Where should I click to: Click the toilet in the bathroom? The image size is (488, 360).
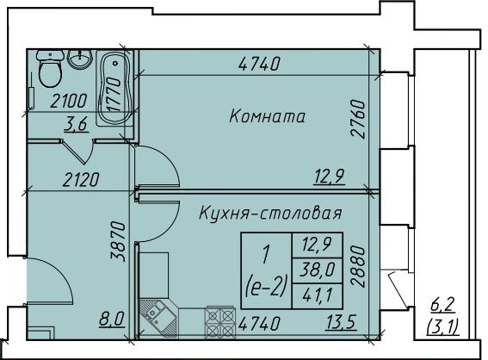pyautogui.click(x=50, y=69)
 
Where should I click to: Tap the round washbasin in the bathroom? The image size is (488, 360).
pyautogui.click(x=80, y=59)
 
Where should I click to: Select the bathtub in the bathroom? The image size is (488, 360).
pyautogui.click(x=114, y=88)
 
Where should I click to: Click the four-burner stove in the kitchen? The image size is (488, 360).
pyautogui.click(x=219, y=322)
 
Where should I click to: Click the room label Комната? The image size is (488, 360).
pyautogui.click(x=267, y=116)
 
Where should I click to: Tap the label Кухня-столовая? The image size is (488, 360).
pyautogui.click(x=270, y=214)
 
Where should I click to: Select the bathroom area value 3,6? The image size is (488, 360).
pyautogui.click(x=77, y=125)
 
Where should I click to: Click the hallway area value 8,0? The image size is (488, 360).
pyautogui.click(x=112, y=320)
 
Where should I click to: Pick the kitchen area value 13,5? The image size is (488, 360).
pyautogui.click(x=341, y=322)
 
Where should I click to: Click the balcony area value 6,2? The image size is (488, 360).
pyautogui.click(x=443, y=305)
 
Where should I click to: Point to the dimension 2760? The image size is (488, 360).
pyautogui.click(x=357, y=119)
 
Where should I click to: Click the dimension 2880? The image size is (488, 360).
pyautogui.click(x=357, y=266)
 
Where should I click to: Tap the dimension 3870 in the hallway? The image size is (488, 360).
pyautogui.click(x=118, y=241)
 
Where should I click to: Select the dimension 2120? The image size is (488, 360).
pyautogui.click(x=81, y=180)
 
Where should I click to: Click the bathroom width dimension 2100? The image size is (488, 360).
pyautogui.click(x=69, y=102)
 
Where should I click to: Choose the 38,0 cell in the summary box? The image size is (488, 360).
pyautogui.click(x=317, y=270)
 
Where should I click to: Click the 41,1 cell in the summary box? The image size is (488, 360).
pyautogui.click(x=317, y=295)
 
